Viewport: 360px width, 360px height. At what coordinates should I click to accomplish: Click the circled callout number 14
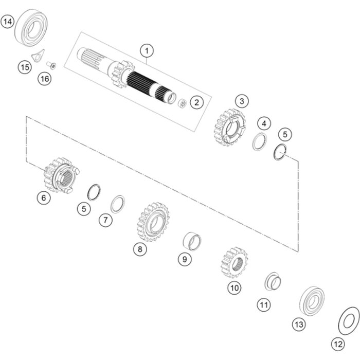pyautogui.click(x=8, y=22)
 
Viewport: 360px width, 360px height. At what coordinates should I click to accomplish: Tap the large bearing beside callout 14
pyautogui.click(x=31, y=27)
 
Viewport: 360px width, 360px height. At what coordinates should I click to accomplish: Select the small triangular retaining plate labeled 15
pyautogui.click(x=38, y=56)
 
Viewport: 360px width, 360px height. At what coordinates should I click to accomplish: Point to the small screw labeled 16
pyautogui.click(x=51, y=65)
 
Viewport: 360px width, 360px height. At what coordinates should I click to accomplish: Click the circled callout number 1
pyautogui.click(x=147, y=51)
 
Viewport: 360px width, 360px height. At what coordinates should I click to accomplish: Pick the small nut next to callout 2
pyautogui.click(x=183, y=103)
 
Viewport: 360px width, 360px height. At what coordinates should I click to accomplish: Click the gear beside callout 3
pyautogui.click(x=229, y=128)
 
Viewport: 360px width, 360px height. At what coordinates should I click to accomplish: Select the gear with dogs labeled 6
pyautogui.click(x=61, y=175)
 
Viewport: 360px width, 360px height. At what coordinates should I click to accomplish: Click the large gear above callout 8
pyautogui.click(x=153, y=222)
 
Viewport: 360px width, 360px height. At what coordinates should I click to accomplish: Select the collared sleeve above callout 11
pyautogui.click(x=273, y=281)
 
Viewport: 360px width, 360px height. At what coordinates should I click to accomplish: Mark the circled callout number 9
pyautogui.click(x=185, y=259)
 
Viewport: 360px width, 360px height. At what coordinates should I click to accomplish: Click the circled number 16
pyautogui.click(x=45, y=79)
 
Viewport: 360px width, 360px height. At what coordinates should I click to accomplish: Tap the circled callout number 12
pyautogui.click(x=338, y=344)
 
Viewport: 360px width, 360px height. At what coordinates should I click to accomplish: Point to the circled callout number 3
pyautogui.click(x=242, y=101)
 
